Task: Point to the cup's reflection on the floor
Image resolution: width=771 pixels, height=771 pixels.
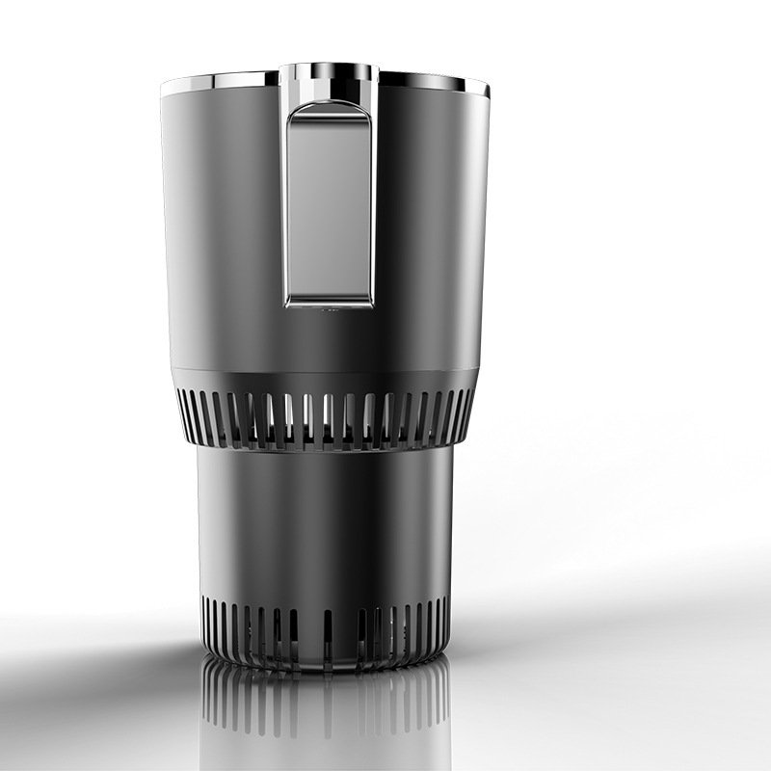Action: [x=326, y=713]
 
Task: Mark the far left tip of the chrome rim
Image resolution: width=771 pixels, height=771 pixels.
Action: [x=163, y=88]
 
